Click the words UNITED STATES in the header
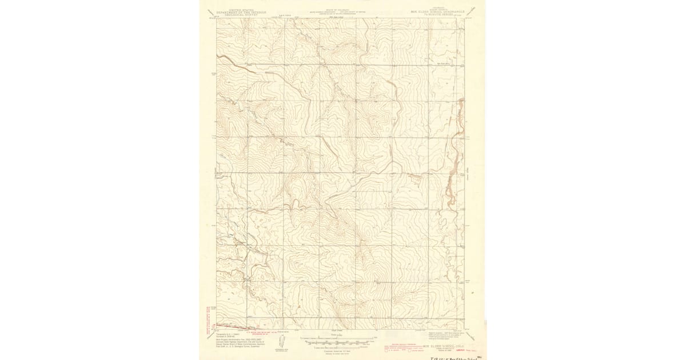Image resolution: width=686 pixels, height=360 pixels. (234, 10)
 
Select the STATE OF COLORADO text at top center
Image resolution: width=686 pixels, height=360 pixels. (342, 10)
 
